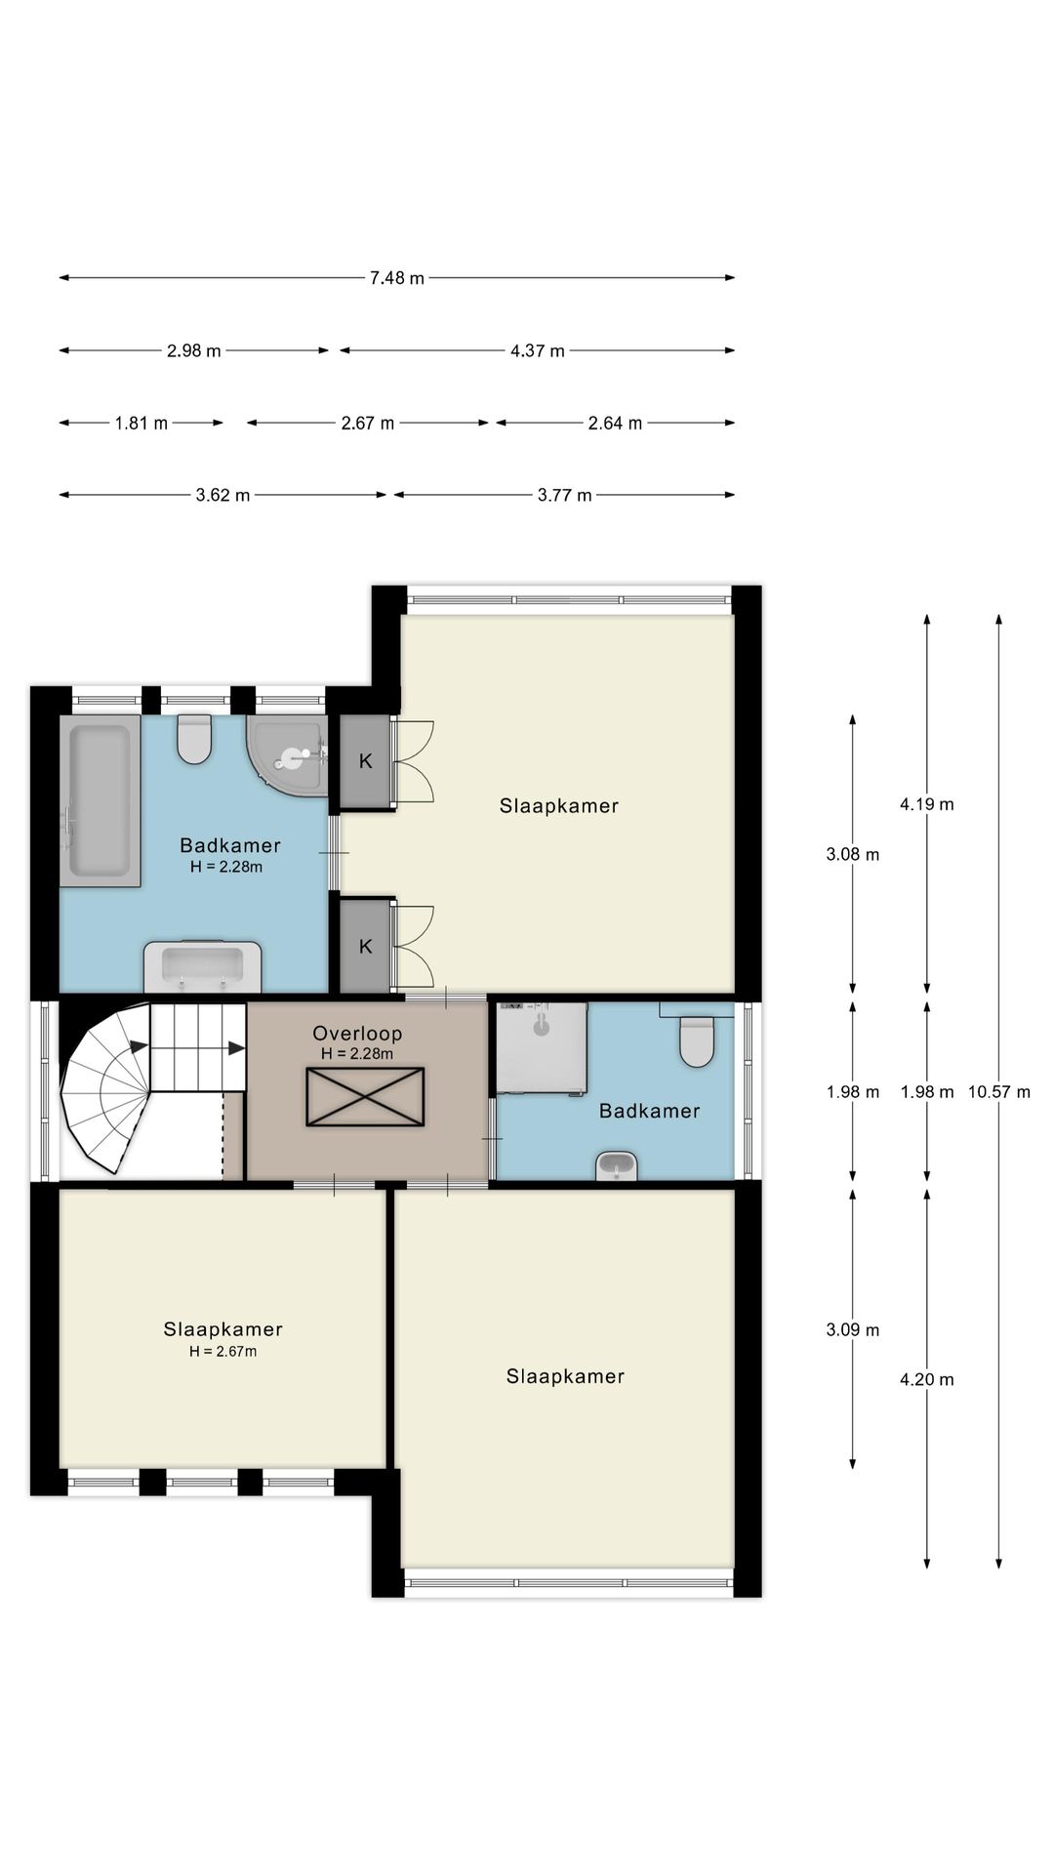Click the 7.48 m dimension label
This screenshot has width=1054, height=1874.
click(397, 278)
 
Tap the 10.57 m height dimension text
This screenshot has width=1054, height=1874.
click(998, 1091)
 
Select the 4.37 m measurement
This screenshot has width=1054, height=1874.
click(538, 350)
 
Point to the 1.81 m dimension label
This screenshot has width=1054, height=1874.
click(142, 423)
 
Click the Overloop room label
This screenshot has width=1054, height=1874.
click(357, 1033)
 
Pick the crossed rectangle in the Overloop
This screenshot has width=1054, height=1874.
click(365, 1096)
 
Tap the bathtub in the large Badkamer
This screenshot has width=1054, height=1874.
click(100, 801)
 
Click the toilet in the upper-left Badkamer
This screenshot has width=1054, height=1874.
click(194, 740)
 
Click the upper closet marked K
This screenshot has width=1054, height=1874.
click(365, 761)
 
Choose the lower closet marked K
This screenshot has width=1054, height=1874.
click(365, 946)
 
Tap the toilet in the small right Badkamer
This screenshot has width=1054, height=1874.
click(697, 1039)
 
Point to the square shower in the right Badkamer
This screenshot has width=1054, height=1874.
click(543, 1048)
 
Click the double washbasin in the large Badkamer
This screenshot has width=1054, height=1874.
click(202, 966)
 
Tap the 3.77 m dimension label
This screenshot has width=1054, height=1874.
click(565, 495)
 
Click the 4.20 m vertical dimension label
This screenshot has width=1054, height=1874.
click(927, 1379)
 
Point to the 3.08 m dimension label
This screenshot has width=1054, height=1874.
click(853, 854)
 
